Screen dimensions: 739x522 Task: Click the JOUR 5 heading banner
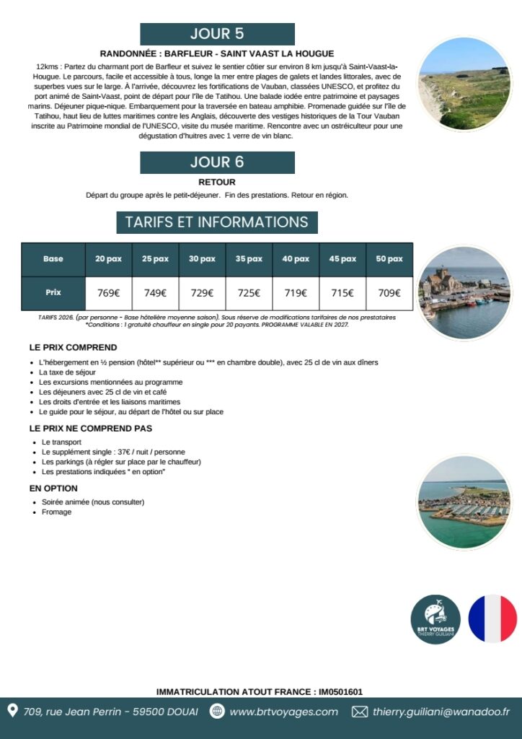(217, 34)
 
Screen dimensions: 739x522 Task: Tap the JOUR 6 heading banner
(217, 162)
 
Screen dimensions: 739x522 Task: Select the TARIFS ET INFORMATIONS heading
(217, 222)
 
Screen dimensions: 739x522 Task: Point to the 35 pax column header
(249, 259)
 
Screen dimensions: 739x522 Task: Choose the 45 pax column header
(342, 259)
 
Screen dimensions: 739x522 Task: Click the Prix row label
(53, 292)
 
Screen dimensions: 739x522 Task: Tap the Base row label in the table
(53, 259)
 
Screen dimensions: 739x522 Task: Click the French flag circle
(492, 619)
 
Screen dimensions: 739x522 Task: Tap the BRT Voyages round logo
(435, 619)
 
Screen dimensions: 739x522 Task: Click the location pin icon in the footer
(12, 712)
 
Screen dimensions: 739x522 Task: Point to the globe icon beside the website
(216, 712)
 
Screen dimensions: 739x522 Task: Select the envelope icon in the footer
(359, 712)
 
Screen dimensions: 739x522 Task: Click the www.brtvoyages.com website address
(283, 712)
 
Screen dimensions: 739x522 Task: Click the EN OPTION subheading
(53, 489)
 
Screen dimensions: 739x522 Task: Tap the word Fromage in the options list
(56, 512)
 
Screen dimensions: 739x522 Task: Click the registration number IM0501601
(340, 691)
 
